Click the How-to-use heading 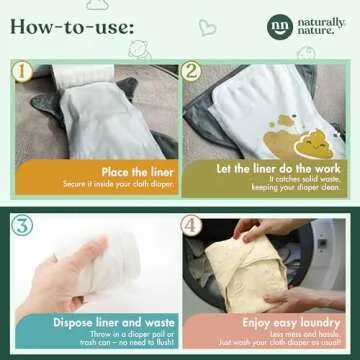tap(75, 27)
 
